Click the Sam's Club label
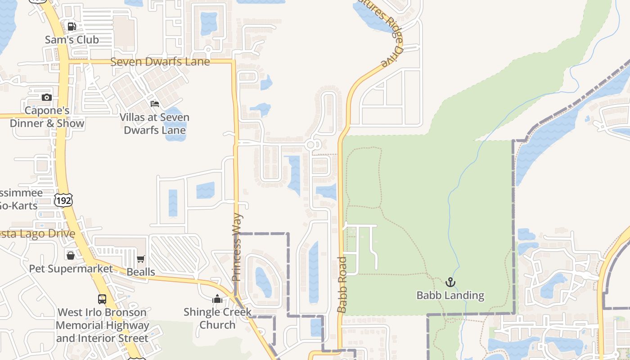click(x=72, y=40)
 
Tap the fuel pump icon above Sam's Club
click(x=72, y=26)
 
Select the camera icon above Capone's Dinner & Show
click(x=47, y=97)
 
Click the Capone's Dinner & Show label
click(x=47, y=117)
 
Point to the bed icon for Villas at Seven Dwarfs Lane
click(x=155, y=104)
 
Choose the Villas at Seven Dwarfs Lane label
click(x=155, y=124)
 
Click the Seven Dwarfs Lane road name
click(x=160, y=62)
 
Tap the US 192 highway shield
click(x=63, y=200)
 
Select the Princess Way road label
click(x=237, y=247)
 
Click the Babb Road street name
click(x=342, y=284)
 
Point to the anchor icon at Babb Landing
click(x=450, y=282)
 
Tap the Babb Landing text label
click(x=450, y=295)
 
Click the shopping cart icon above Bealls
click(x=141, y=259)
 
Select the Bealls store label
click(x=141, y=272)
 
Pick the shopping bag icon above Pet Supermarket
click(x=71, y=256)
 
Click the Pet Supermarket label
click(x=71, y=269)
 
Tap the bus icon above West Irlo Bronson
click(x=102, y=299)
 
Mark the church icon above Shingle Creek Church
click(x=217, y=299)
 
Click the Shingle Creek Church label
click(x=217, y=318)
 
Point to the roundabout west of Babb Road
click(x=311, y=145)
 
